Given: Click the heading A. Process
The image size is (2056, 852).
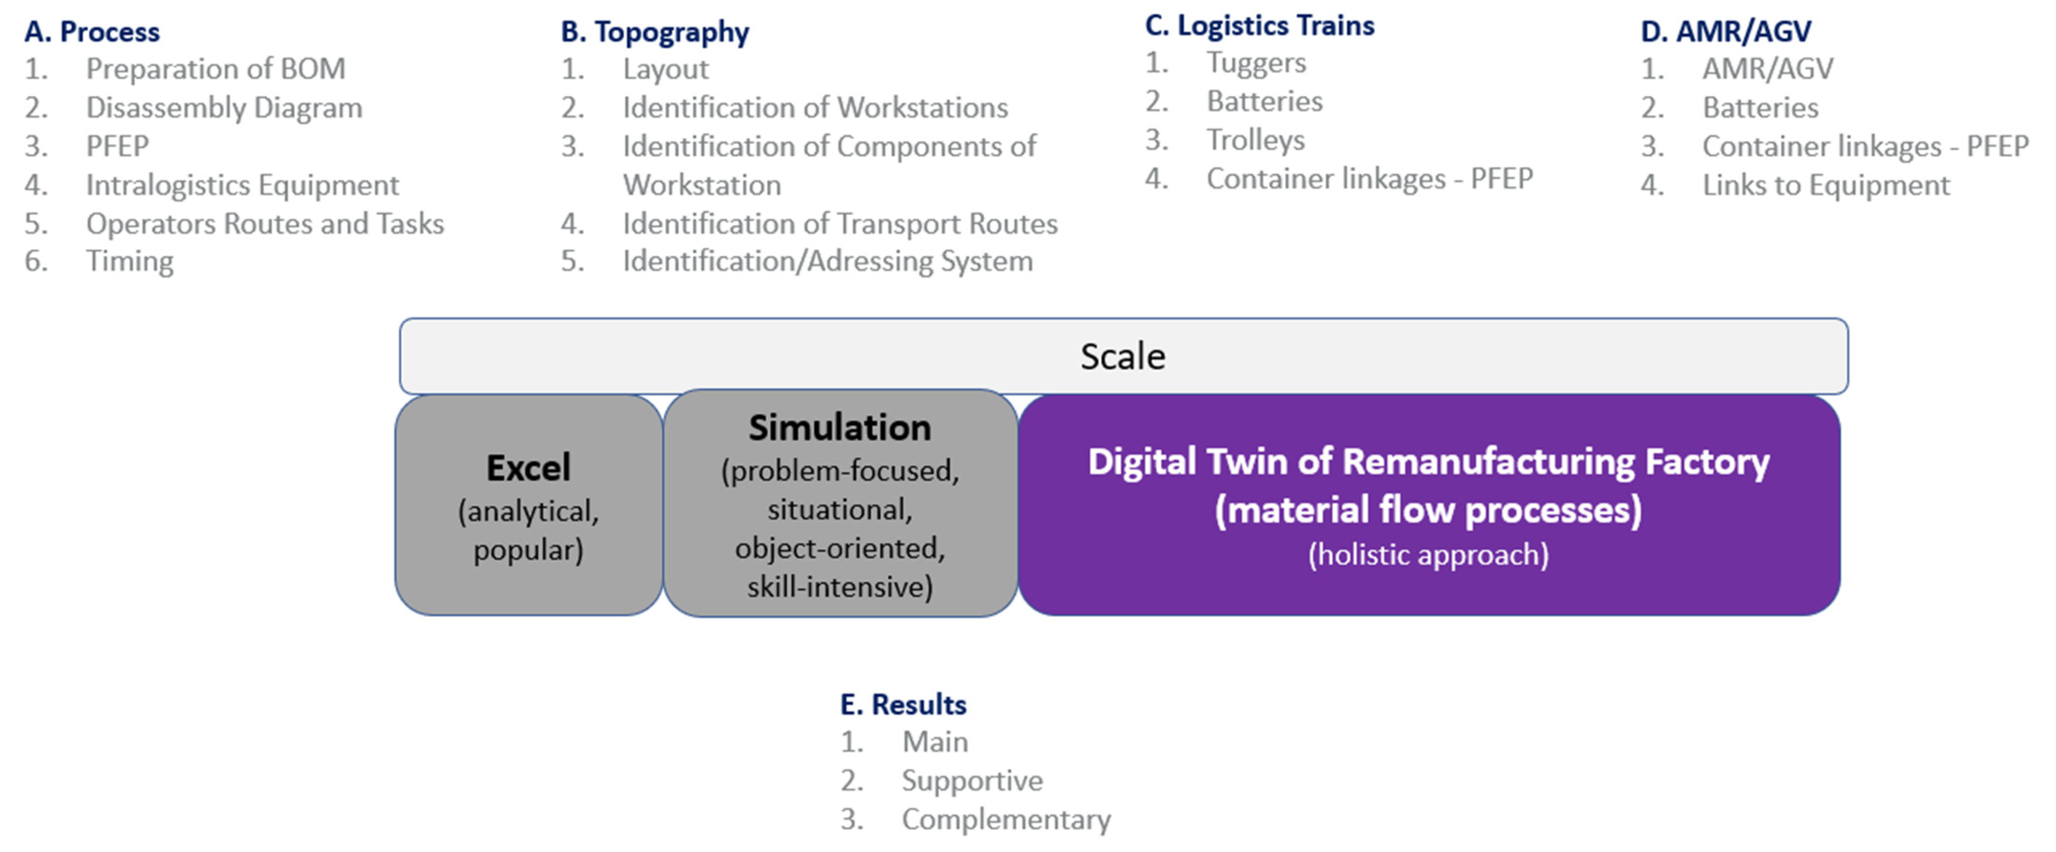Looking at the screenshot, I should tap(92, 32).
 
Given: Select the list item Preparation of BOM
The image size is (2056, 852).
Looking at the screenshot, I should tap(216, 70).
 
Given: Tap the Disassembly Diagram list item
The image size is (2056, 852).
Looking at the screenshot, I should tap(224, 107).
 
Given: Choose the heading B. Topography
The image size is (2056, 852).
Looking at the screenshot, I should tap(655, 32).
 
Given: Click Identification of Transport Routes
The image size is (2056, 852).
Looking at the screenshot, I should tap(840, 224).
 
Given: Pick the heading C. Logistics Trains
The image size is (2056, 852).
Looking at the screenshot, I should tap(1260, 26).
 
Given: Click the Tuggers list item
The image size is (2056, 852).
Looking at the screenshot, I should tap(1256, 63).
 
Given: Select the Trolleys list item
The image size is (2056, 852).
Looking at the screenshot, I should tap(1255, 140).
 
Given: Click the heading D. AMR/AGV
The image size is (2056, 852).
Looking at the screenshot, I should tap(1725, 32).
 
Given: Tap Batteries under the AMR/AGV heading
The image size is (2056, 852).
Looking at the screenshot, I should tap(1760, 107).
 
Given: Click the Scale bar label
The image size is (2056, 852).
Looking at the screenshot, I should tap(1122, 357).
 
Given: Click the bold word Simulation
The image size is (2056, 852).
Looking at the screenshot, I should tap(840, 429).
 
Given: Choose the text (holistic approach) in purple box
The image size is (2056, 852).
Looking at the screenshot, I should tap(1428, 554).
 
